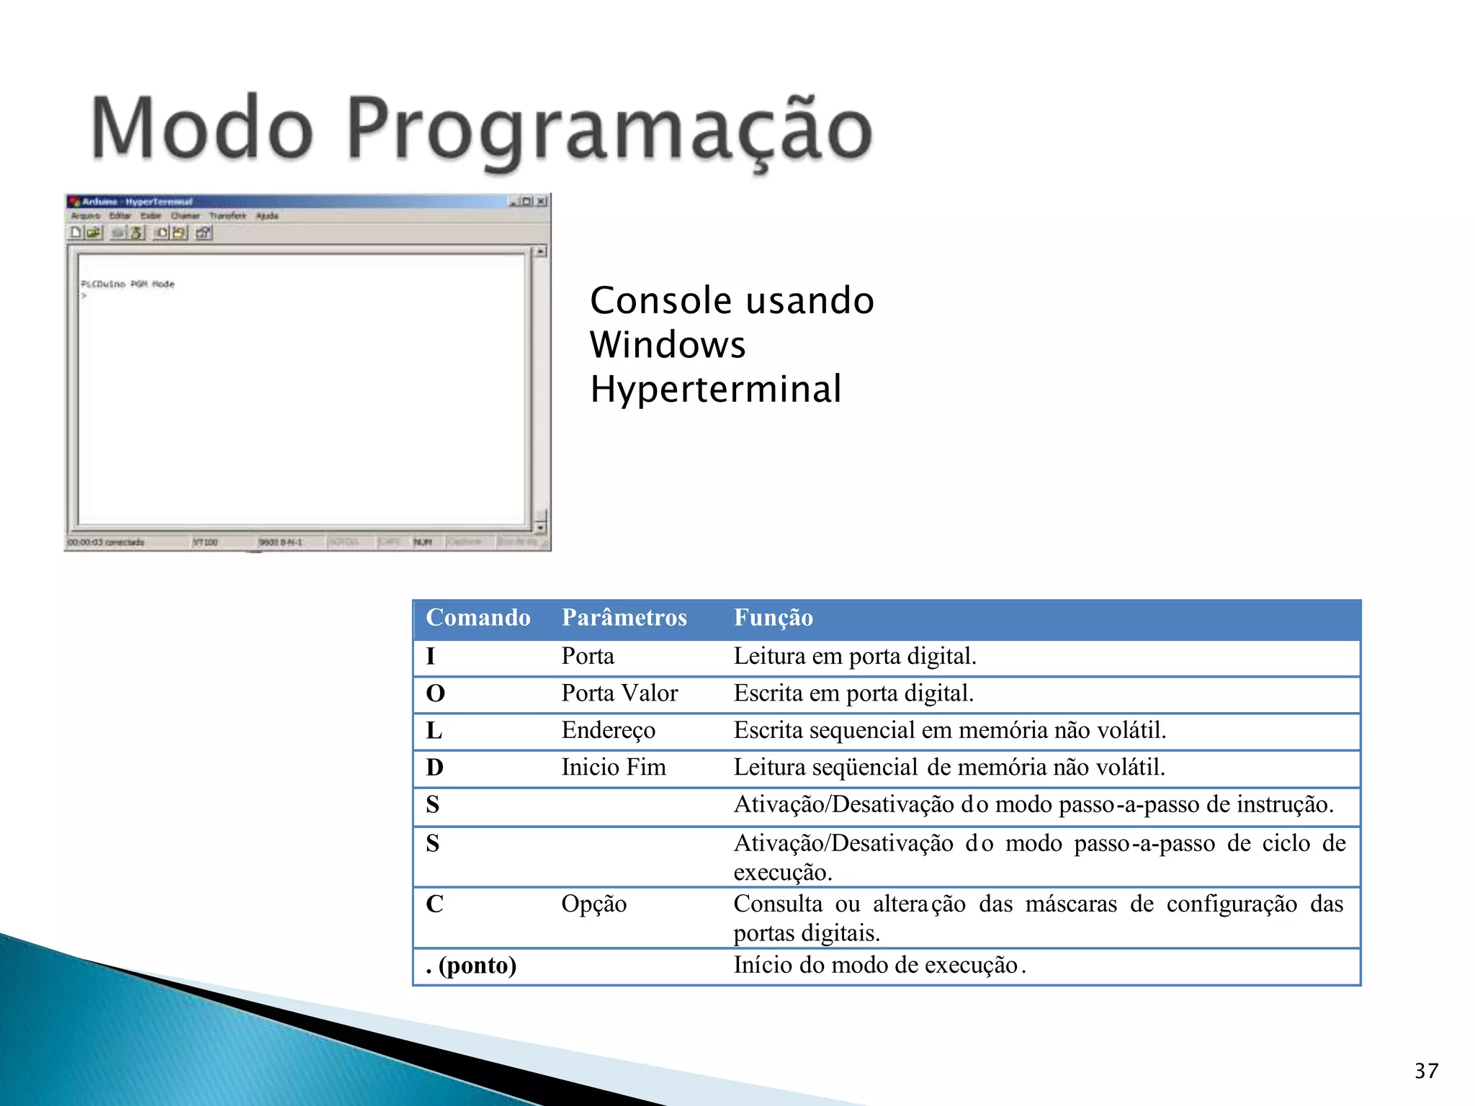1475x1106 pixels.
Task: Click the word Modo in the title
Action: pos(202,128)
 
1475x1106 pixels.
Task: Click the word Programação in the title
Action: pos(609,130)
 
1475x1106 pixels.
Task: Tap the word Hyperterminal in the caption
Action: pos(715,390)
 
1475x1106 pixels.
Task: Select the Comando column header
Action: pos(478,618)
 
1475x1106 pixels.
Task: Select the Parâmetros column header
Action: pos(624,618)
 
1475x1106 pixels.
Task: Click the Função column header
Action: pos(773,618)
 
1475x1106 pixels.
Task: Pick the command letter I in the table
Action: pos(431,657)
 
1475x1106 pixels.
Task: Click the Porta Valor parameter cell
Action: pos(619,693)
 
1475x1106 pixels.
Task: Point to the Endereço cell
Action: pos(608,730)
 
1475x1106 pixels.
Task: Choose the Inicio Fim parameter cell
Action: pos(614,768)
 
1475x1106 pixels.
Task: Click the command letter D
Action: pos(434,768)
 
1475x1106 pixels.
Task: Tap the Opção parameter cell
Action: pos(593,904)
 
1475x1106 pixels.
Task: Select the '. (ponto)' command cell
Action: pos(471,966)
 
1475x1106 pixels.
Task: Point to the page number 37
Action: pos(1426,1071)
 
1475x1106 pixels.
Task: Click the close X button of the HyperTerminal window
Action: pos(542,202)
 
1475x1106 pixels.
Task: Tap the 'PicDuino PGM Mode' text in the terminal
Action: pos(127,284)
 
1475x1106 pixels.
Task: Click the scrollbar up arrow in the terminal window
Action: pos(541,251)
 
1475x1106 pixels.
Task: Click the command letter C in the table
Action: pos(434,904)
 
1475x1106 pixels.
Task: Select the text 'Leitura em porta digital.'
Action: pos(855,657)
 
